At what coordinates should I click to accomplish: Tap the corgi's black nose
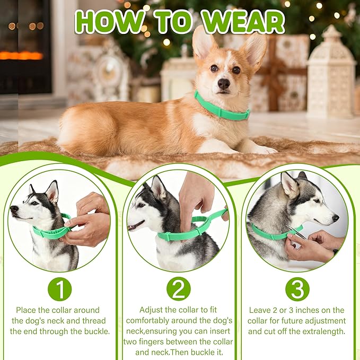223,83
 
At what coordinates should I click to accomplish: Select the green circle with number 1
59,289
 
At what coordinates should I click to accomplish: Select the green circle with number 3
297,289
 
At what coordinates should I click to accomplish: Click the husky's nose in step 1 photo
13,209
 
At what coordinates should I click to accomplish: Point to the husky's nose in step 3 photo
335,218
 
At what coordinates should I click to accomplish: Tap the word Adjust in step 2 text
151,310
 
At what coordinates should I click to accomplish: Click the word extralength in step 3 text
323,331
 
